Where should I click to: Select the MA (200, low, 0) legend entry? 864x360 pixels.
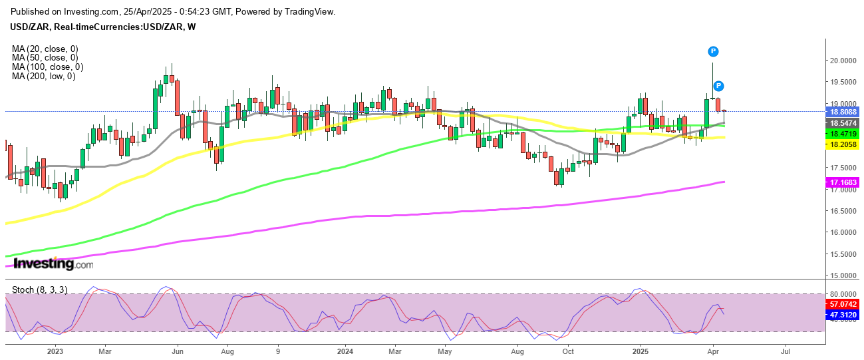(x=44, y=77)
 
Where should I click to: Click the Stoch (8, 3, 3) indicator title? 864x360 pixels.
(x=39, y=290)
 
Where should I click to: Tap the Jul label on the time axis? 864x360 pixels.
(x=786, y=350)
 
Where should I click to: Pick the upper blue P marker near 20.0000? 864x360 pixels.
(x=713, y=51)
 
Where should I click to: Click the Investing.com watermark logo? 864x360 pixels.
(x=54, y=264)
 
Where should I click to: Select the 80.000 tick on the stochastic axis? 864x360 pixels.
(x=842, y=293)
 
